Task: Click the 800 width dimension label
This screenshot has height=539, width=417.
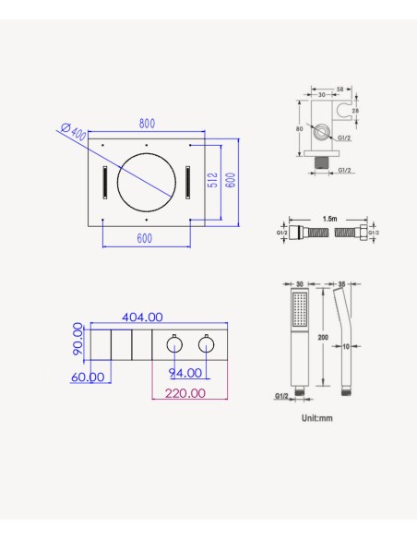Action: (147, 124)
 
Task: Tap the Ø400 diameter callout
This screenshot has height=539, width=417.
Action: (73, 131)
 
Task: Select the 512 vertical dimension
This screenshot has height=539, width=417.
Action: (212, 180)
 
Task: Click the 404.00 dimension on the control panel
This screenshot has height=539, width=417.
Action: (142, 317)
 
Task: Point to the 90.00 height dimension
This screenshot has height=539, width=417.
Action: (78, 339)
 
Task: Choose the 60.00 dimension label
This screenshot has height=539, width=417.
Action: (88, 377)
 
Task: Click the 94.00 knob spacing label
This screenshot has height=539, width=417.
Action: (185, 373)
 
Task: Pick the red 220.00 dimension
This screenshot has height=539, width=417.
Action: (185, 393)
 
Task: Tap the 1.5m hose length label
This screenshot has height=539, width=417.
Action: (329, 219)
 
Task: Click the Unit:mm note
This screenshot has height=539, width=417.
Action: (317, 418)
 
